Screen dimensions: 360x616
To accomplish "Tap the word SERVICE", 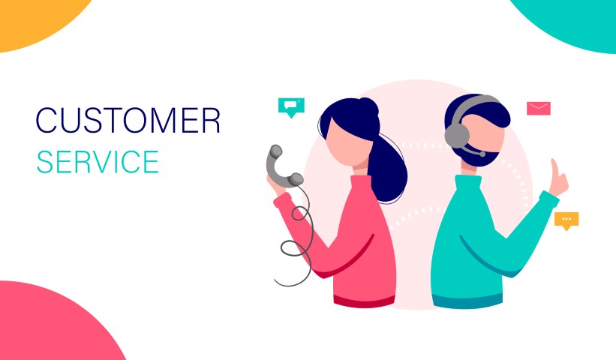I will pos(98,161).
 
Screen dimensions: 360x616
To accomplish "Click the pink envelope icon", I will pos(538,108).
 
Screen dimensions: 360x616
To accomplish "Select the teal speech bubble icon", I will pos(290,106).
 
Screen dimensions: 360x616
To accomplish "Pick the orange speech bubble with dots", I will pos(566,219).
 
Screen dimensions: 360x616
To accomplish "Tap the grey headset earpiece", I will pos(456,134).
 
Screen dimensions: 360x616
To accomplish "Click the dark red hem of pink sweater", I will pos(364,300).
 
